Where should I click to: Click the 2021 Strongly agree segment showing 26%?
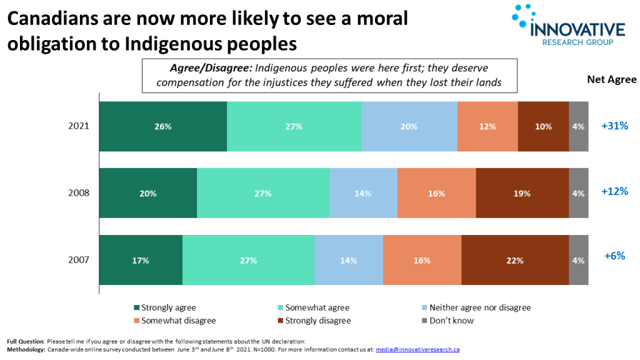coord(163,126)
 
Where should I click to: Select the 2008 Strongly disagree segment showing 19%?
coord(522,193)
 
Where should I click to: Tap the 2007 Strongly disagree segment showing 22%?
coord(515,260)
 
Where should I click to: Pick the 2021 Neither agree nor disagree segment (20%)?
coord(409,126)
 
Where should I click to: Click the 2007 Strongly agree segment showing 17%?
coord(141,260)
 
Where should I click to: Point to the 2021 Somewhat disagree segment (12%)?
coord(487,126)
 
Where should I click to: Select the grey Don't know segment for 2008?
coord(578,193)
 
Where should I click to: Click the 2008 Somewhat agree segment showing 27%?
coord(263,193)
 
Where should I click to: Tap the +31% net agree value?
coord(614,126)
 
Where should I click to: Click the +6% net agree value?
coord(614,256)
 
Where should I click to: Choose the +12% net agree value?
coord(614,192)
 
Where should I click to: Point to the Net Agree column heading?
coord(611,79)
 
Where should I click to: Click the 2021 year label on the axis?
coord(79,126)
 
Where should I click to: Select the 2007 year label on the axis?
coord(79,260)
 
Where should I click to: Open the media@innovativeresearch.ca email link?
coord(417,349)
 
